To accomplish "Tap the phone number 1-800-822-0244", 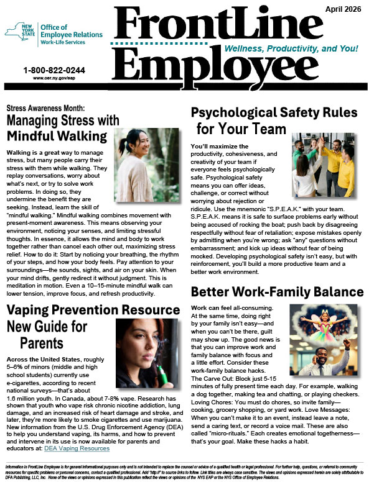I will [54, 70].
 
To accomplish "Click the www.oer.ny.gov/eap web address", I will [54, 79].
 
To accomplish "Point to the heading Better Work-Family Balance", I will [277, 291].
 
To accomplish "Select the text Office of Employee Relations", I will [70, 32].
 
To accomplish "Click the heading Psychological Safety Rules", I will [274, 112].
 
